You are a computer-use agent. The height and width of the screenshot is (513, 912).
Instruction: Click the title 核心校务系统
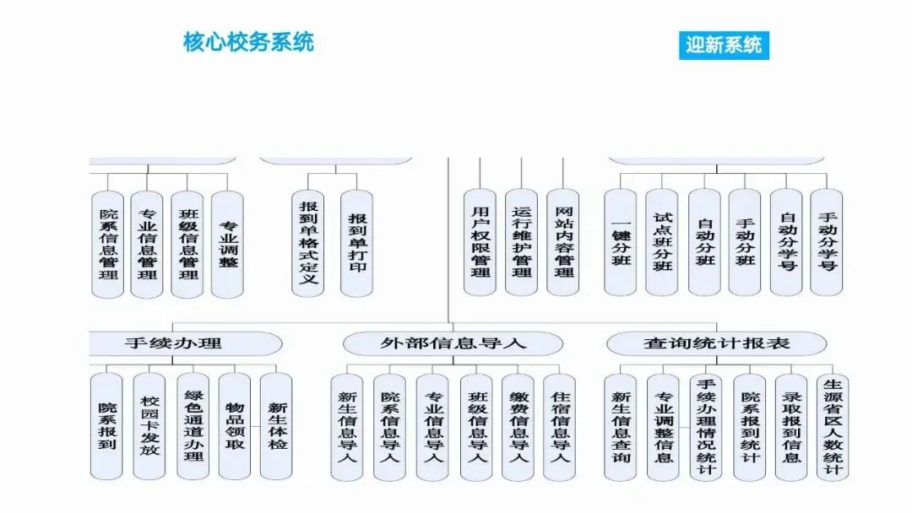pyautogui.click(x=248, y=41)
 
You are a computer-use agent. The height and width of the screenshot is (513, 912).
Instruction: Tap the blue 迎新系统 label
pyautogui.click(x=724, y=45)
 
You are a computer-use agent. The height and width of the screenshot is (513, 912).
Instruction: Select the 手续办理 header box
pyautogui.click(x=173, y=343)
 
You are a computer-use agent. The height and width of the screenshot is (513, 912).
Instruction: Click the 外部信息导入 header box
pyautogui.click(x=453, y=343)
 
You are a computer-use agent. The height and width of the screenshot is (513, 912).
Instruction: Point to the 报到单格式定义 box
pyautogui.click(x=309, y=242)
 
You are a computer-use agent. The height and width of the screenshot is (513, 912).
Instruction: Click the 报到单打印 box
pyautogui.click(x=357, y=242)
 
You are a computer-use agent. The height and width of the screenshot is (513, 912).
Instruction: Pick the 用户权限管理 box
pyautogui.click(x=480, y=242)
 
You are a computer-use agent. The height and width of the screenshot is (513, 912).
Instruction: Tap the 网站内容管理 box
pyautogui.click(x=564, y=242)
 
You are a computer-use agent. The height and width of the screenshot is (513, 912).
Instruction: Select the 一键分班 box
pyautogui.click(x=621, y=242)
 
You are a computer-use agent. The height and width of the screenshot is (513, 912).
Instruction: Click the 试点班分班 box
pyautogui.click(x=662, y=242)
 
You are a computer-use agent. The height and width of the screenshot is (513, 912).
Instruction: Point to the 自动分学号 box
pyautogui.click(x=786, y=242)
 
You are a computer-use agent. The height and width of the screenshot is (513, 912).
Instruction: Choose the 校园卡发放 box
pyautogui.click(x=149, y=426)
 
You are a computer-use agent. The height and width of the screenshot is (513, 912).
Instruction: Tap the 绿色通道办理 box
pyautogui.click(x=193, y=426)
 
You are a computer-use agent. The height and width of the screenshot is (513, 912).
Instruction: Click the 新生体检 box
pyautogui.click(x=277, y=426)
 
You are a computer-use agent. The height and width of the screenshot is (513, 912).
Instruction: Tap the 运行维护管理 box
pyautogui.click(x=521, y=242)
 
